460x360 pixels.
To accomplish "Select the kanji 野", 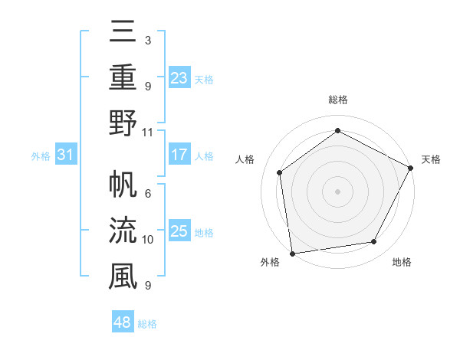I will click(x=122, y=123).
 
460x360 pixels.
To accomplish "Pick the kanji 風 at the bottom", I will click(x=122, y=276).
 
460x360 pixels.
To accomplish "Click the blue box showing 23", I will click(x=179, y=78).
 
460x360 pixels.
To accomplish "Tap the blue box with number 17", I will click(x=179, y=155).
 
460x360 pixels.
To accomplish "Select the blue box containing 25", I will click(x=179, y=232).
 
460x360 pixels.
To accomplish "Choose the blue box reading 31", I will click(x=65, y=155).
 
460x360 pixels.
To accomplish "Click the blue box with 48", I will click(x=123, y=323).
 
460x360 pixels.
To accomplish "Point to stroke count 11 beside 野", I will click(x=147, y=131).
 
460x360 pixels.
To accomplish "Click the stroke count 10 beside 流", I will click(x=147, y=240).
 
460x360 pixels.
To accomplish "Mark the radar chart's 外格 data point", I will click(x=292, y=253).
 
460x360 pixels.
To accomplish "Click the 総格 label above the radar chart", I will click(x=338, y=100).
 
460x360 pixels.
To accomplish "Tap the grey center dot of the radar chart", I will click(x=338, y=191).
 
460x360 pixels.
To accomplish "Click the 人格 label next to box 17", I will click(x=204, y=156).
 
